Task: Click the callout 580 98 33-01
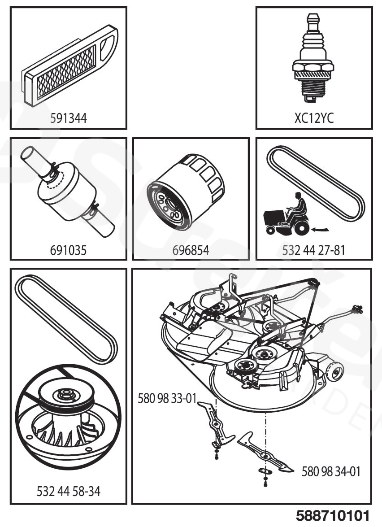click(167, 398)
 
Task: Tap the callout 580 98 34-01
click(331, 471)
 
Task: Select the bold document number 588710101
click(333, 515)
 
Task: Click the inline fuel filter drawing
click(69, 188)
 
